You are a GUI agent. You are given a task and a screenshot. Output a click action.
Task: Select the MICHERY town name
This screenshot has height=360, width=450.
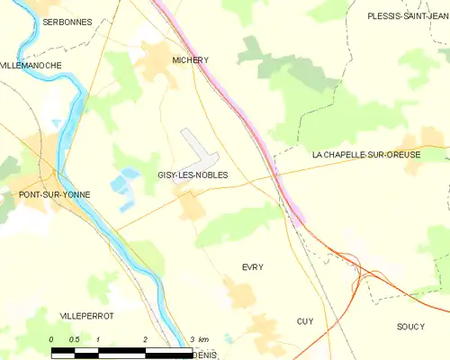tap(190, 60)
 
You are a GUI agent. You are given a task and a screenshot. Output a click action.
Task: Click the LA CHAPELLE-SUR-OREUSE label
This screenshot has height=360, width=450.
tap(366, 155)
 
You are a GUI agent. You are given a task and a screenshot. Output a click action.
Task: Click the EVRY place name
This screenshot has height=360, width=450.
tap(252, 267)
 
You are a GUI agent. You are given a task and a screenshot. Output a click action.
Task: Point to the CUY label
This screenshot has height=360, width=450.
tap(304, 321)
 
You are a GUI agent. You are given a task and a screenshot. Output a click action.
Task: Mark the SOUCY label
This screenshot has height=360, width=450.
tap(409, 326)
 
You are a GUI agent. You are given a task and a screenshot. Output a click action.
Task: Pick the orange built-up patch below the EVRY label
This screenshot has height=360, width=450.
tap(240, 292)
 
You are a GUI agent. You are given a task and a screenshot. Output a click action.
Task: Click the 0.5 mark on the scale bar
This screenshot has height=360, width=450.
tap(75, 338)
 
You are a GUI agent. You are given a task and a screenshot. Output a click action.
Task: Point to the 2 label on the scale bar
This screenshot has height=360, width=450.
tap(145, 338)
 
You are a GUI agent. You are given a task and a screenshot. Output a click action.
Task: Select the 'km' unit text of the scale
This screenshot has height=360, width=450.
tap(203, 338)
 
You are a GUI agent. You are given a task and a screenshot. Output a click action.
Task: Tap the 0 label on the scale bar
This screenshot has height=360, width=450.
tap(52, 338)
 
